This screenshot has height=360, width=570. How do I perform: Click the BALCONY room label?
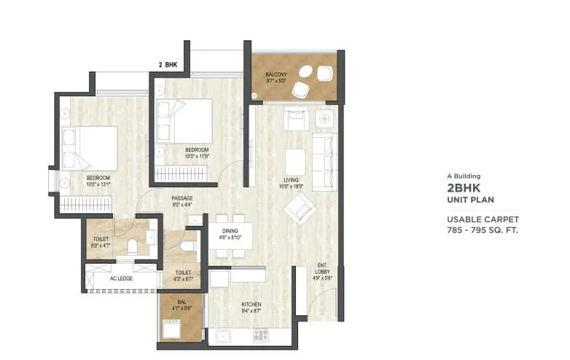pyautogui.click(x=276, y=74)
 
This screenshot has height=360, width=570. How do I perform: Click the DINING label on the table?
pyautogui.click(x=230, y=231)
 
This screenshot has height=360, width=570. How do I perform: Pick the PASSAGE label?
pyautogui.click(x=182, y=198)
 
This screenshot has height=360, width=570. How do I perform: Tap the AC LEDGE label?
pyautogui.click(x=121, y=278)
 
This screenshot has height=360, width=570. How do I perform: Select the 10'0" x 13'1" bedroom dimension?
pyautogui.click(x=98, y=184)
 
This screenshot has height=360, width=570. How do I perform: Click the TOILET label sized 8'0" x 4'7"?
pyautogui.click(x=101, y=240)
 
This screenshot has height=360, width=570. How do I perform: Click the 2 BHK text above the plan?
pyautogui.click(x=168, y=65)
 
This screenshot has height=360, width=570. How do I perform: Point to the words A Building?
pyautogui.click(x=464, y=176)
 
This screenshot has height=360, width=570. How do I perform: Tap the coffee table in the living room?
pyautogui.click(x=294, y=162)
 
